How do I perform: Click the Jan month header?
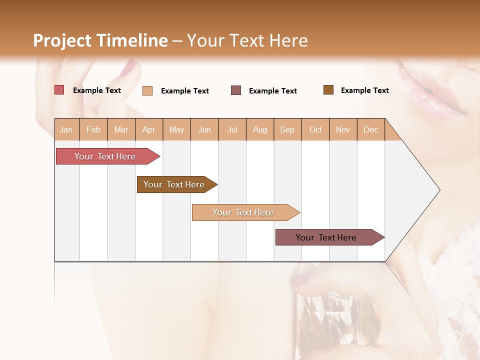coord(66,129)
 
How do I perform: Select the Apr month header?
coord(149,129)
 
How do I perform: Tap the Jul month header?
coord(232,129)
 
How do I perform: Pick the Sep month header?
coord(287,129)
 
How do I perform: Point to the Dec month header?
coord(371,129)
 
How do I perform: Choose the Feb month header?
coord(93,129)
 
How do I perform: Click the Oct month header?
coord(315,129)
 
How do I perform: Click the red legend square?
coord(59,90)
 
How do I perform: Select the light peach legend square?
coord(147,90)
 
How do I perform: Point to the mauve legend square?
coord(236,90)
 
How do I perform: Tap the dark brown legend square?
coord(328,90)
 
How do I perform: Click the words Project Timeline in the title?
coord(100,40)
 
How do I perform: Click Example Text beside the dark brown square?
coord(364,90)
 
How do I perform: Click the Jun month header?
coord(204,129)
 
